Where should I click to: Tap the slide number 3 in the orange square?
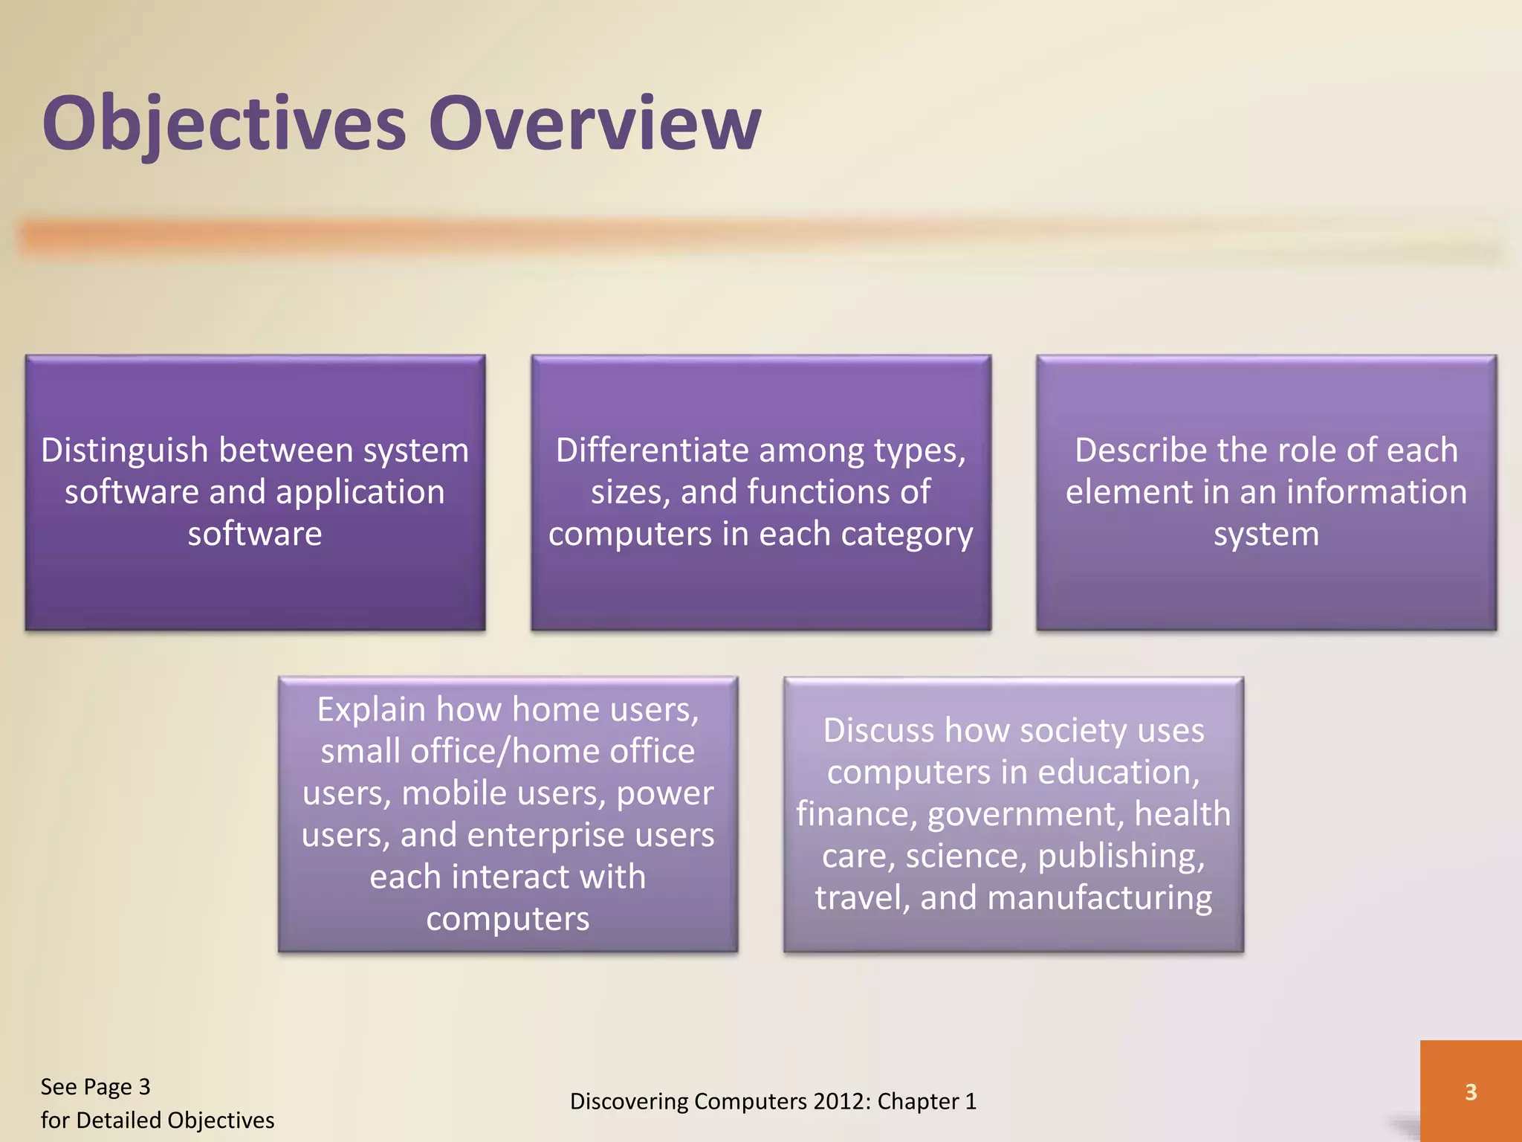(x=1470, y=1091)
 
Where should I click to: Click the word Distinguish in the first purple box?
(x=125, y=451)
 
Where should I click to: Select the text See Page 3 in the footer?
(x=95, y=1087)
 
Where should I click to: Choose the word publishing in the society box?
(x=1121, y=856)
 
